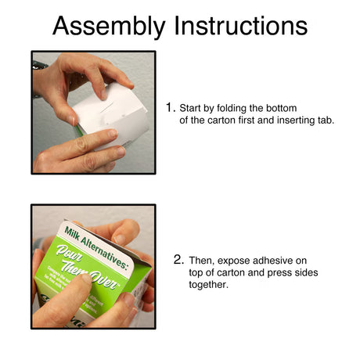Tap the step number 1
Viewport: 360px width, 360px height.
170,106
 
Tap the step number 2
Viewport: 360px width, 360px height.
178,259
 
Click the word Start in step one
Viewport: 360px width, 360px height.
193,106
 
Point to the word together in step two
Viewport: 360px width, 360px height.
209,286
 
